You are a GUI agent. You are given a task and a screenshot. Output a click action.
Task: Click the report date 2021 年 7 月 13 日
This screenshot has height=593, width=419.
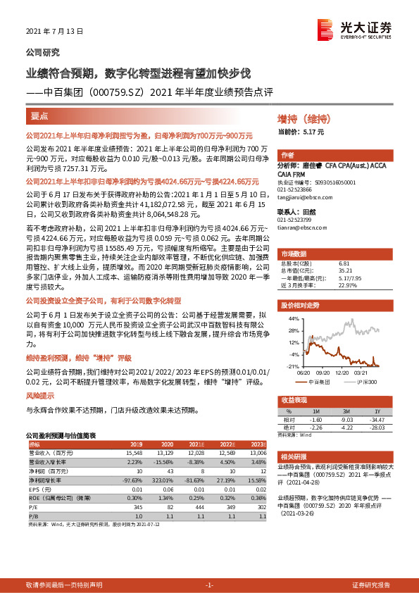[x=54, y=32]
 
